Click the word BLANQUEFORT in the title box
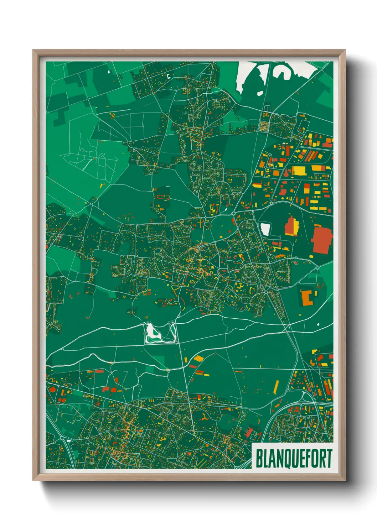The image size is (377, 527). click(294, 458)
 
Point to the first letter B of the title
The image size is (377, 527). click(259, 458)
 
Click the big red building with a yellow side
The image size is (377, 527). click(292, 226)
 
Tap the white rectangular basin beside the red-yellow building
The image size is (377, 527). click(265, 229)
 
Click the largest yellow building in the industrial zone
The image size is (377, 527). click(299, 171)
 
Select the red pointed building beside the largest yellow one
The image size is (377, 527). click(286, 173)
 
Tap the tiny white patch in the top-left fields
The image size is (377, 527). click(108, 73)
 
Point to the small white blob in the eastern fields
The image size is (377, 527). click(317, 324)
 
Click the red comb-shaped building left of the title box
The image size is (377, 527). click(249, 433)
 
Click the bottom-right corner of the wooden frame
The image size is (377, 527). click(345, 480)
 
